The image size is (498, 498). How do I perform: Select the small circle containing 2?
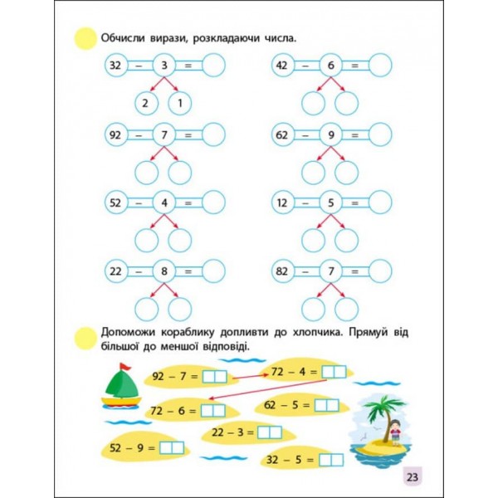(x=146, y=104)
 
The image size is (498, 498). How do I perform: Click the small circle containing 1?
(x=179, y=104)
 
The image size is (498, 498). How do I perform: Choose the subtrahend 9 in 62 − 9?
(x=330, y=134)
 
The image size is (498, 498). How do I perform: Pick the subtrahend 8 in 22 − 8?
(x=164, y=271)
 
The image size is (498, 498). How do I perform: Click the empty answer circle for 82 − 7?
(x=380, y=271)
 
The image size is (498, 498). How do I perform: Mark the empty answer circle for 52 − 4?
(x=212, y=202)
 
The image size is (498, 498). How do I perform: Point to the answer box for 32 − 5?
(x=330, y=459)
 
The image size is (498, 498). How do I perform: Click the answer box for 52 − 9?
(x=171, y=448)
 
